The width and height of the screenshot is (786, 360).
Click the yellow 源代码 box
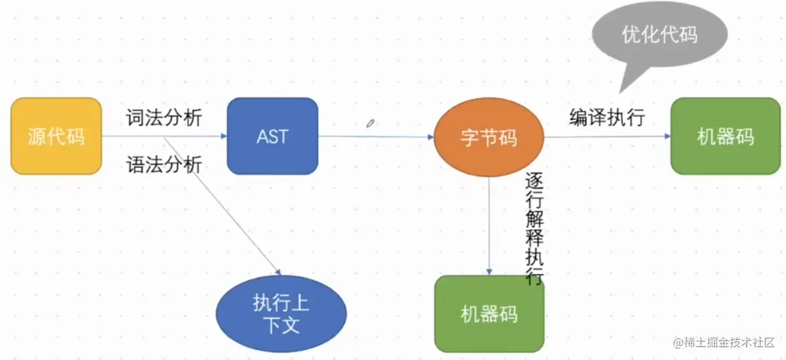click(x=56, y=136)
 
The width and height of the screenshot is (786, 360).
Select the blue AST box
click(x=272, y=136)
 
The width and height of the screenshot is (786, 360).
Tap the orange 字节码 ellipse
click(x=489, y=137)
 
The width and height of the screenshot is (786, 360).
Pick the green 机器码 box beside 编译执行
click(x=725, y=136)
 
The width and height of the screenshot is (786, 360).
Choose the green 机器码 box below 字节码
click(x=489, y=314)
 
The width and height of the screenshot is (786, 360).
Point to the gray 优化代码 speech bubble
click(x=659, y=35)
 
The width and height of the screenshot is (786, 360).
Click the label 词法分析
click(x=164, y=117)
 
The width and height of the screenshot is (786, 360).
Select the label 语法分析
click(x=164, y=165)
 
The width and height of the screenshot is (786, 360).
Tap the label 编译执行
click(x=607, y=117)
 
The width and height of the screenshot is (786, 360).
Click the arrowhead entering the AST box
click(x=223, y=136)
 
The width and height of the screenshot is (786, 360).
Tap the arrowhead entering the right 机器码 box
click(x=667, y=137)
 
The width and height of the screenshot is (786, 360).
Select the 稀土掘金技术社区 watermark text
click(x=730, y=343)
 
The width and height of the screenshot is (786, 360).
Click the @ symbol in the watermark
click(x=677, y=343)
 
